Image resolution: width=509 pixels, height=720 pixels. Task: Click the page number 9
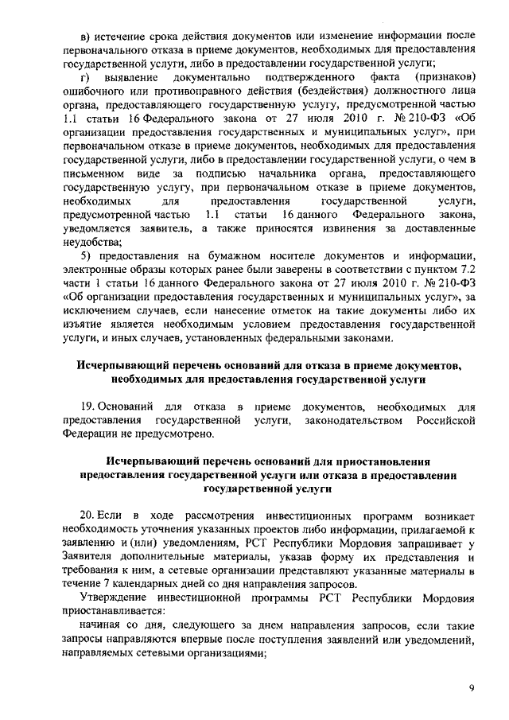pos(472,687)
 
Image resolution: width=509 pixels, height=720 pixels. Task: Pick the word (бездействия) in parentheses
pos(310,91)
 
